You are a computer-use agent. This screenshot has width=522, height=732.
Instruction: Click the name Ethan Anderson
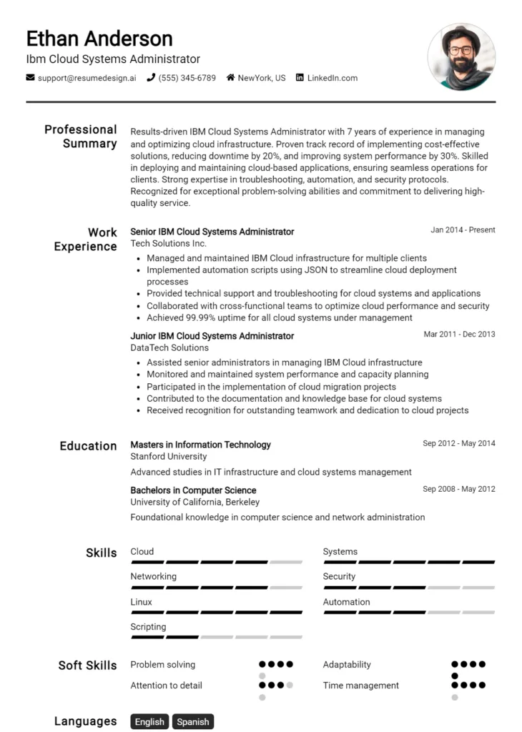pos(99,38)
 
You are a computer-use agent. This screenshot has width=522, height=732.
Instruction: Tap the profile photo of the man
pos(461,56)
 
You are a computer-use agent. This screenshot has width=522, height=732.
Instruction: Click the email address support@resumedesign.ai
pos(87,78)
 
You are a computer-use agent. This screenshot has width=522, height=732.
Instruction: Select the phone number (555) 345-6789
pos(187,78)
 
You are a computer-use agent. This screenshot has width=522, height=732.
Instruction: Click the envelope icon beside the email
pos(30,78)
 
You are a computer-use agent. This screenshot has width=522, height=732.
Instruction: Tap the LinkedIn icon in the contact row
pos(300,78)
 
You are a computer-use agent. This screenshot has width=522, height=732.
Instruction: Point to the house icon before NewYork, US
pos(230,78)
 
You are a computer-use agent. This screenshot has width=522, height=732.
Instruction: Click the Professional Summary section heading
pos(81,137)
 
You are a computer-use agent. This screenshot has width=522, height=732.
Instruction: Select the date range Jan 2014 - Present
pos(463,230)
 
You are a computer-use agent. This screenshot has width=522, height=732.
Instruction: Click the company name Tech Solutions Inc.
pos(168,244)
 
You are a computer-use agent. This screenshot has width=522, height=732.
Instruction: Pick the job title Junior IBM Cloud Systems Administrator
pos(212,336)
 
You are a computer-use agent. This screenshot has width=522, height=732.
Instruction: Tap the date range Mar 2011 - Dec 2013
pos(459,335)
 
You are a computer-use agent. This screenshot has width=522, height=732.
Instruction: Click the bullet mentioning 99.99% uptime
pos(279,318)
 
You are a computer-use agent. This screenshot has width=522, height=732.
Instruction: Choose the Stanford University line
pos(168,457)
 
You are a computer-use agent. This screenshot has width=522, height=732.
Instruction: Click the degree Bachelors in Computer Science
pos(193,490)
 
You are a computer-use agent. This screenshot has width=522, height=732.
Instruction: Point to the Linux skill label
pos(141,602)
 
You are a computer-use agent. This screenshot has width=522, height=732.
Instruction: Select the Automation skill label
pos(346,602)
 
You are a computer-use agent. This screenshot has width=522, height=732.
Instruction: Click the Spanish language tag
pos(192,722)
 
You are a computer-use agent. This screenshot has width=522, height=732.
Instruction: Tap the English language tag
pos(149,722)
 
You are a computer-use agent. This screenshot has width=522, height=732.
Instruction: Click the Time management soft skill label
pos(360,686)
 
